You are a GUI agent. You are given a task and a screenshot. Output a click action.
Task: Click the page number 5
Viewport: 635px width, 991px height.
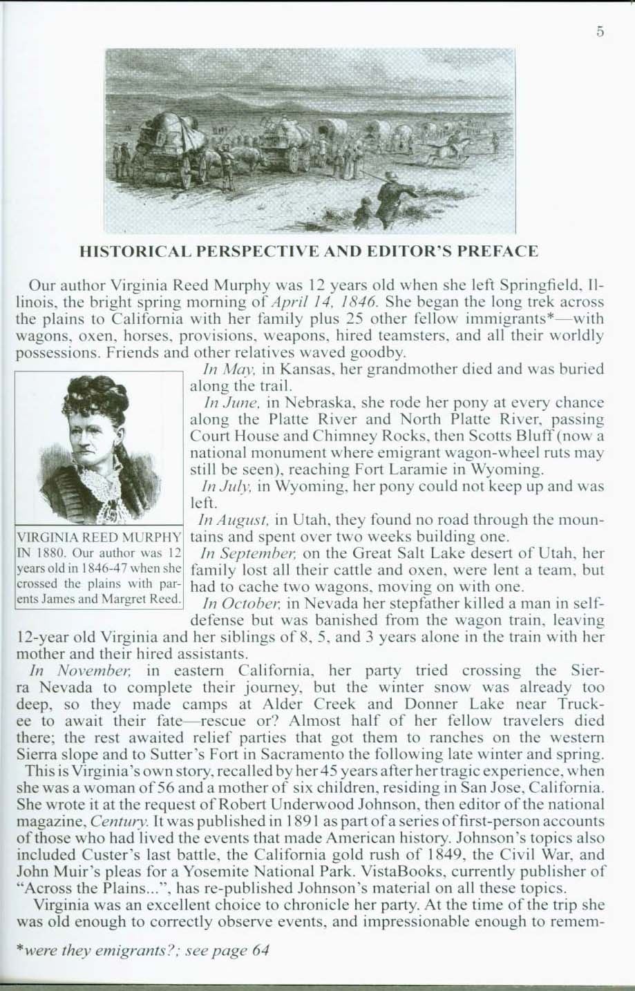tap(600, 31)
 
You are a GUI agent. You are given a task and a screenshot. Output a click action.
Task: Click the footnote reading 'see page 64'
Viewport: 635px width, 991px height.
tap(231, 950)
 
